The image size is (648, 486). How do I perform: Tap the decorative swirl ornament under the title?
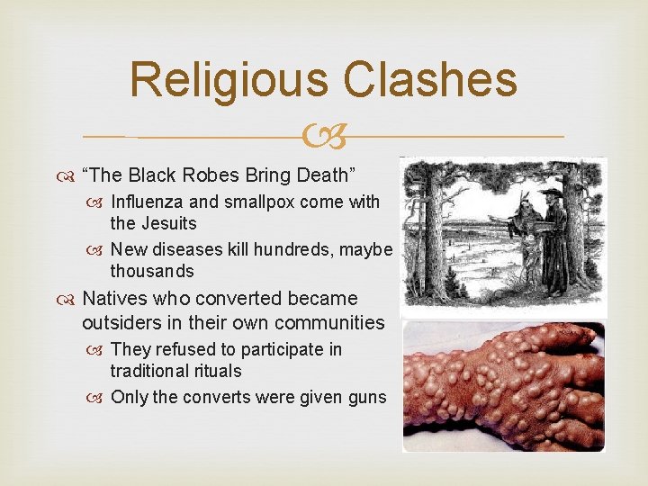pos(324,136)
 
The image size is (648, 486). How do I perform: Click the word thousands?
pos(152,270)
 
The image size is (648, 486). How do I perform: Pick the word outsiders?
pos(121,321)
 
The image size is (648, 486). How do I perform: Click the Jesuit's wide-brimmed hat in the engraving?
pos(551,192)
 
